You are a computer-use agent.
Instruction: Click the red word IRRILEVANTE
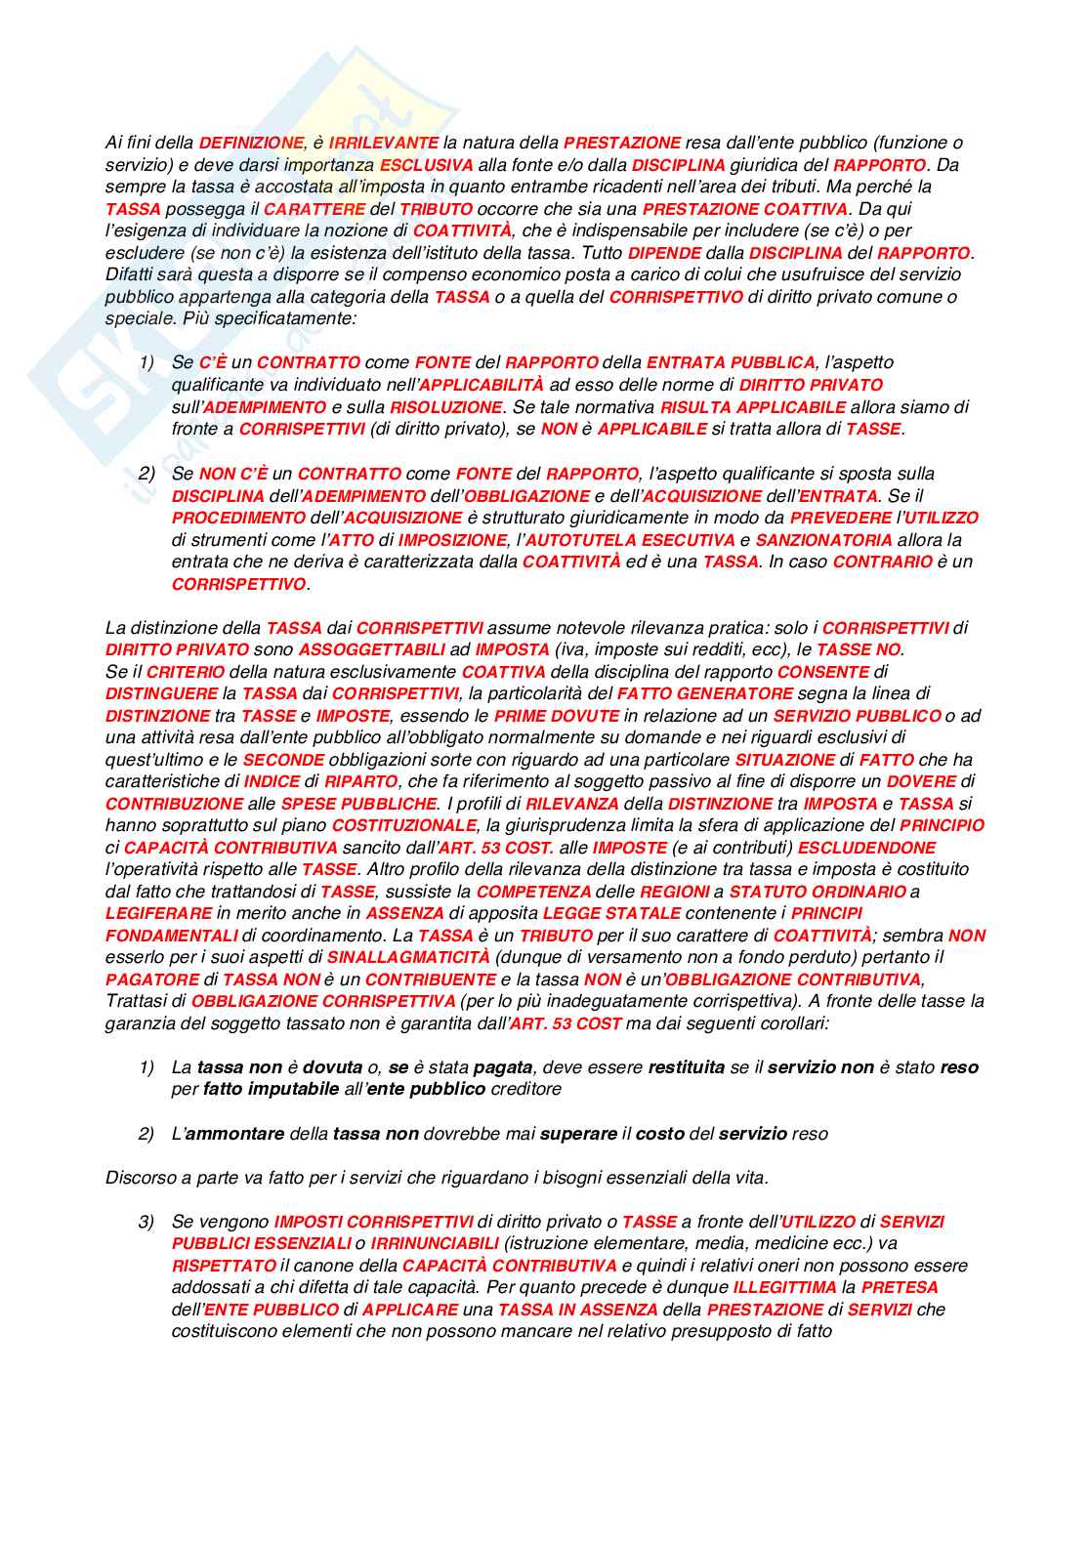click(384, 143)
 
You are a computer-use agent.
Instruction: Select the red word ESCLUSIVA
click(426, 165)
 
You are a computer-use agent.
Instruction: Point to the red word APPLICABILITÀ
click(482, 385)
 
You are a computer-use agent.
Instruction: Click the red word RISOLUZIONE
click(446, 407)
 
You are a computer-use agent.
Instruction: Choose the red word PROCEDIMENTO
click(238, 518)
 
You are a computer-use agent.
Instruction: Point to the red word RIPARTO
click(360, 781)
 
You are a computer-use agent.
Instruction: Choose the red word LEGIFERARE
click(158, 913)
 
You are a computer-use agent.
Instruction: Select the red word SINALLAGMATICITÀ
click(408, 957)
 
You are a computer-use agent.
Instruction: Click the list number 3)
click(147, 1222)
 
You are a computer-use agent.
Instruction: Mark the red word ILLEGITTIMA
click(784, 1287)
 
